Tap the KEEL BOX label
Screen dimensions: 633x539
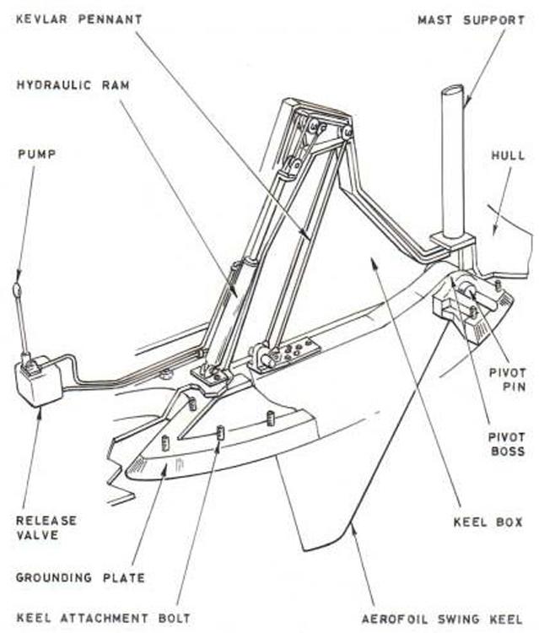pyautogui.click(x=489, y=522)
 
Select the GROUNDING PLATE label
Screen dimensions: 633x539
pyautogui.click(x=80, y=578)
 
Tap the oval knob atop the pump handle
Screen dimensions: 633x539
pyautogui.click(x=18, y=291)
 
